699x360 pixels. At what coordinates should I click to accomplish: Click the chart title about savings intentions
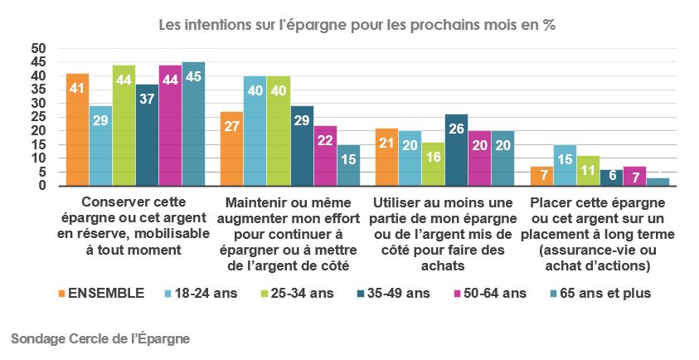[357, 25]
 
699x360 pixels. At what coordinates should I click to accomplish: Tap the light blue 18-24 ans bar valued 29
[101, 146]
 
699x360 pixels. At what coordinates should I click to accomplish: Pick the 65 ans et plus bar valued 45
[193, 124]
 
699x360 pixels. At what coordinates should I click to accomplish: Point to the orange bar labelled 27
[232, 148]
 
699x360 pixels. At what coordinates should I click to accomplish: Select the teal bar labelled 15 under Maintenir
[347, 165]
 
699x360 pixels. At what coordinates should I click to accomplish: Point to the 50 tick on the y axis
[37, 48]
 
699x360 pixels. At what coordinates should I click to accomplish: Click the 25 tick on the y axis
[37, 117]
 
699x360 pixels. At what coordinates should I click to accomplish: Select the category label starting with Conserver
[135, 226]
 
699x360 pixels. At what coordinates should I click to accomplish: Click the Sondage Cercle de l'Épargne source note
[100, 338]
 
